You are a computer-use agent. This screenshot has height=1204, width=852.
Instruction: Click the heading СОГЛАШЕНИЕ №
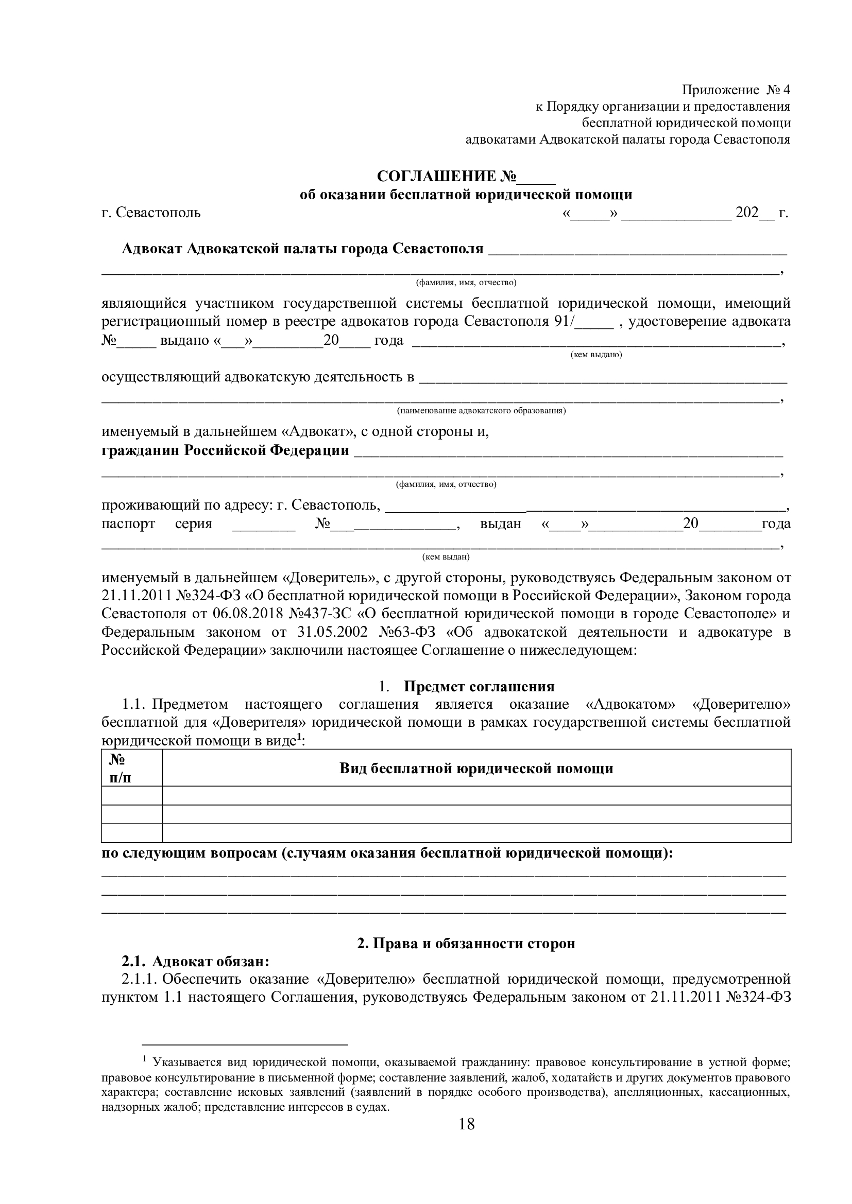point(446,177)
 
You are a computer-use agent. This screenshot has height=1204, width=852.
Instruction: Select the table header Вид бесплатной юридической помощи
point(476,769)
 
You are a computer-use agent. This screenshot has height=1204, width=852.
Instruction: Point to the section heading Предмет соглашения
point(479,687)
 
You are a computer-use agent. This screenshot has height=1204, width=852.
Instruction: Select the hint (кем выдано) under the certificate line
point(596,355)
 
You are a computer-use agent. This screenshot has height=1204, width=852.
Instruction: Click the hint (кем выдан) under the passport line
point(446,556)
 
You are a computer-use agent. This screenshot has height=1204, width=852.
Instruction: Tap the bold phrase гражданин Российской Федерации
point(225,450)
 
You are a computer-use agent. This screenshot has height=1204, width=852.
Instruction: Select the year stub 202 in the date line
point(746,213)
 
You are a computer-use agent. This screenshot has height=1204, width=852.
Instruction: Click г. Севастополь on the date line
point(151,213)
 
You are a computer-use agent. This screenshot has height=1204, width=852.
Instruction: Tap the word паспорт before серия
point(128,524)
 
